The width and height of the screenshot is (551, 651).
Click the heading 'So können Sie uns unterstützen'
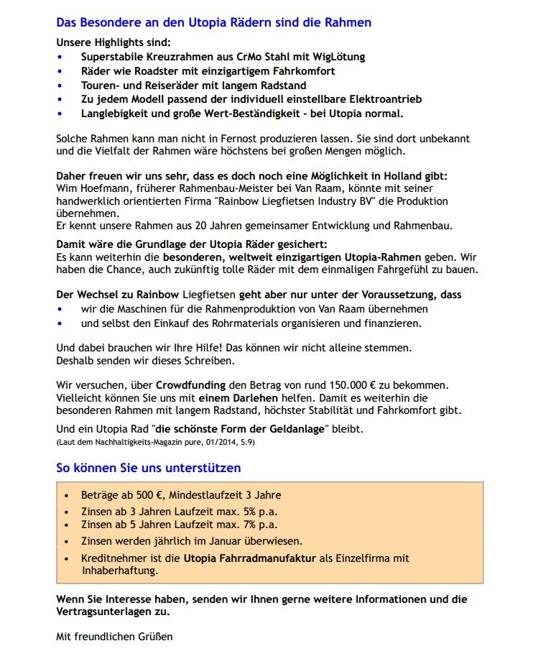point(148,468)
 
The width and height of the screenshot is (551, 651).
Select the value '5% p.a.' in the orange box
point(258,511)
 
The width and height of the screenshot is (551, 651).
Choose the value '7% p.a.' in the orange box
point(258,525)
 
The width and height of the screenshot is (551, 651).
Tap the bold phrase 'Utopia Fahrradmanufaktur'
point(250,558)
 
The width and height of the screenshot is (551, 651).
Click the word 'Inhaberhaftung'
point(120,571)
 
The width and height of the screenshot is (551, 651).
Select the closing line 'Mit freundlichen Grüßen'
point(114,636)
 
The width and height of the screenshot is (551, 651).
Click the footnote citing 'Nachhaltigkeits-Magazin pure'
point(155,443)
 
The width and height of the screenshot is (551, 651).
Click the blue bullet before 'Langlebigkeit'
point(60,114)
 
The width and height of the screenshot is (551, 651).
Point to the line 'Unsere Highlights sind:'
point(114,42)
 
